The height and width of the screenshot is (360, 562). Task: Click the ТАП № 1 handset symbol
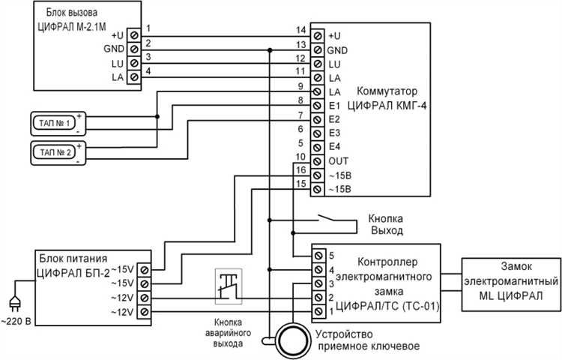point(52,122)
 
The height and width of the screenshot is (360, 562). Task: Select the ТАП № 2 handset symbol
point(52,152)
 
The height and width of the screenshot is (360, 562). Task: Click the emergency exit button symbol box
point(229,286)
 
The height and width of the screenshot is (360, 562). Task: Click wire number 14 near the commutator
point(300,30)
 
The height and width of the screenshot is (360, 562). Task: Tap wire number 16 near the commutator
point(300,170)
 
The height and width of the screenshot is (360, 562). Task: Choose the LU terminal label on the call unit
point(117,64)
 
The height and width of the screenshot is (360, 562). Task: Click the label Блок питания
point(66,254)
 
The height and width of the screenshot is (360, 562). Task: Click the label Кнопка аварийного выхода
point(228,330)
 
